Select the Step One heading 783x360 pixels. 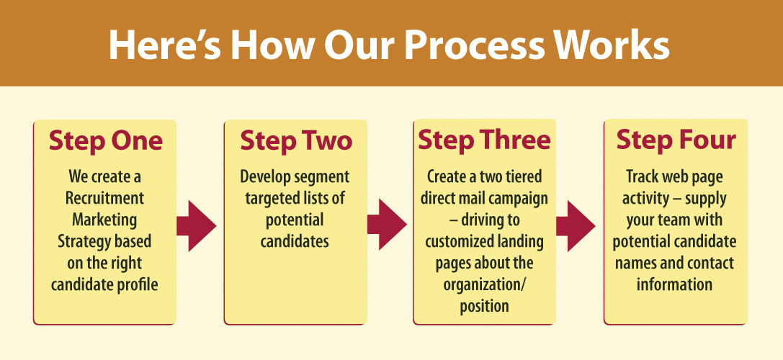[105, 140]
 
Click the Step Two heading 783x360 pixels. [296, 140]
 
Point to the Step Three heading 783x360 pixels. [484, 140]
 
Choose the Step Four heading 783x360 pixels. [676, 140]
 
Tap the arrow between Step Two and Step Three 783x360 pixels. [386, 226]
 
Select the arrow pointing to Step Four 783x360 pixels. [576, 226]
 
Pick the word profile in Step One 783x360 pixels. [137, 284]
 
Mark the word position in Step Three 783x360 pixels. [484, 306]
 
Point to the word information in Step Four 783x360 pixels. [675, 284]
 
